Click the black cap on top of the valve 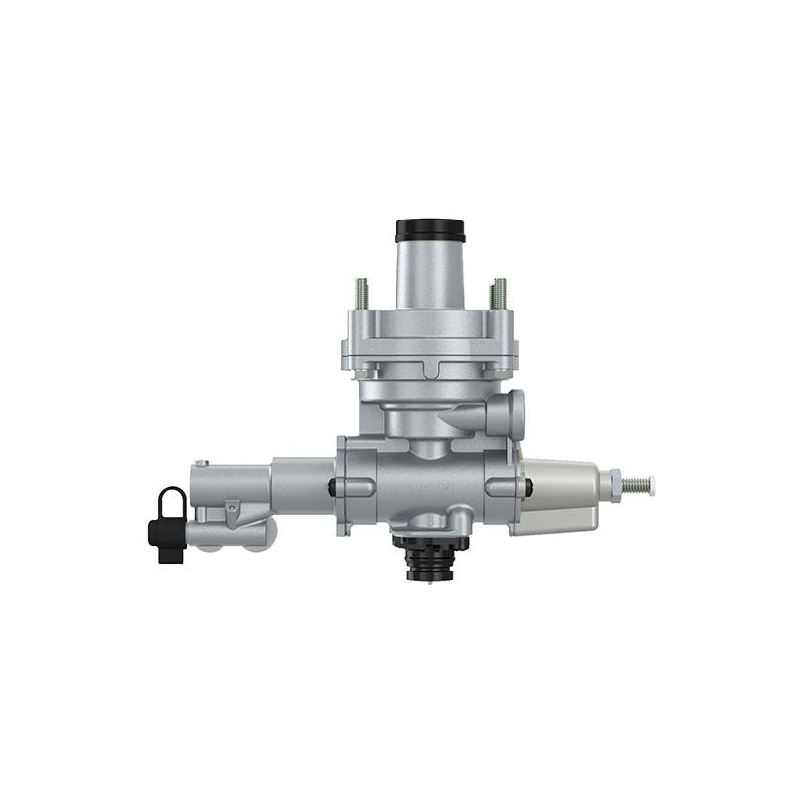click(429, 230)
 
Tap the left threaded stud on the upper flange click(362, 294)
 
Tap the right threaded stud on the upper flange click(499, 294)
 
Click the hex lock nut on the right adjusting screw click(614, 484)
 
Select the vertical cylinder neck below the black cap click(429, 277)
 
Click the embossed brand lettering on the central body click(427, 486)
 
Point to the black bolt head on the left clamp click(332, 486)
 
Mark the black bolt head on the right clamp click(529, 486)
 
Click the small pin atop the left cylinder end click(202, 462)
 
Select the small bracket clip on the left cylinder click(232, 507)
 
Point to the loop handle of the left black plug click(169, 499)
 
